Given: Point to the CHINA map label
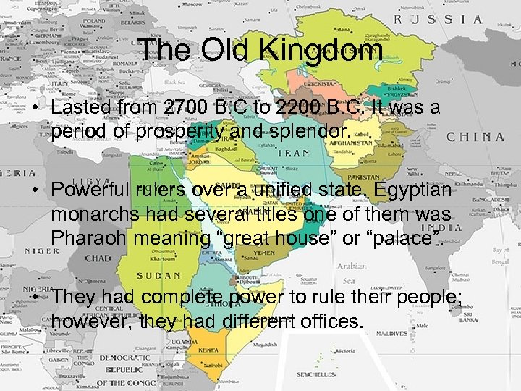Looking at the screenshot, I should [475, 136].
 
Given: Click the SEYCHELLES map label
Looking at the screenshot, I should [315, 375].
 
